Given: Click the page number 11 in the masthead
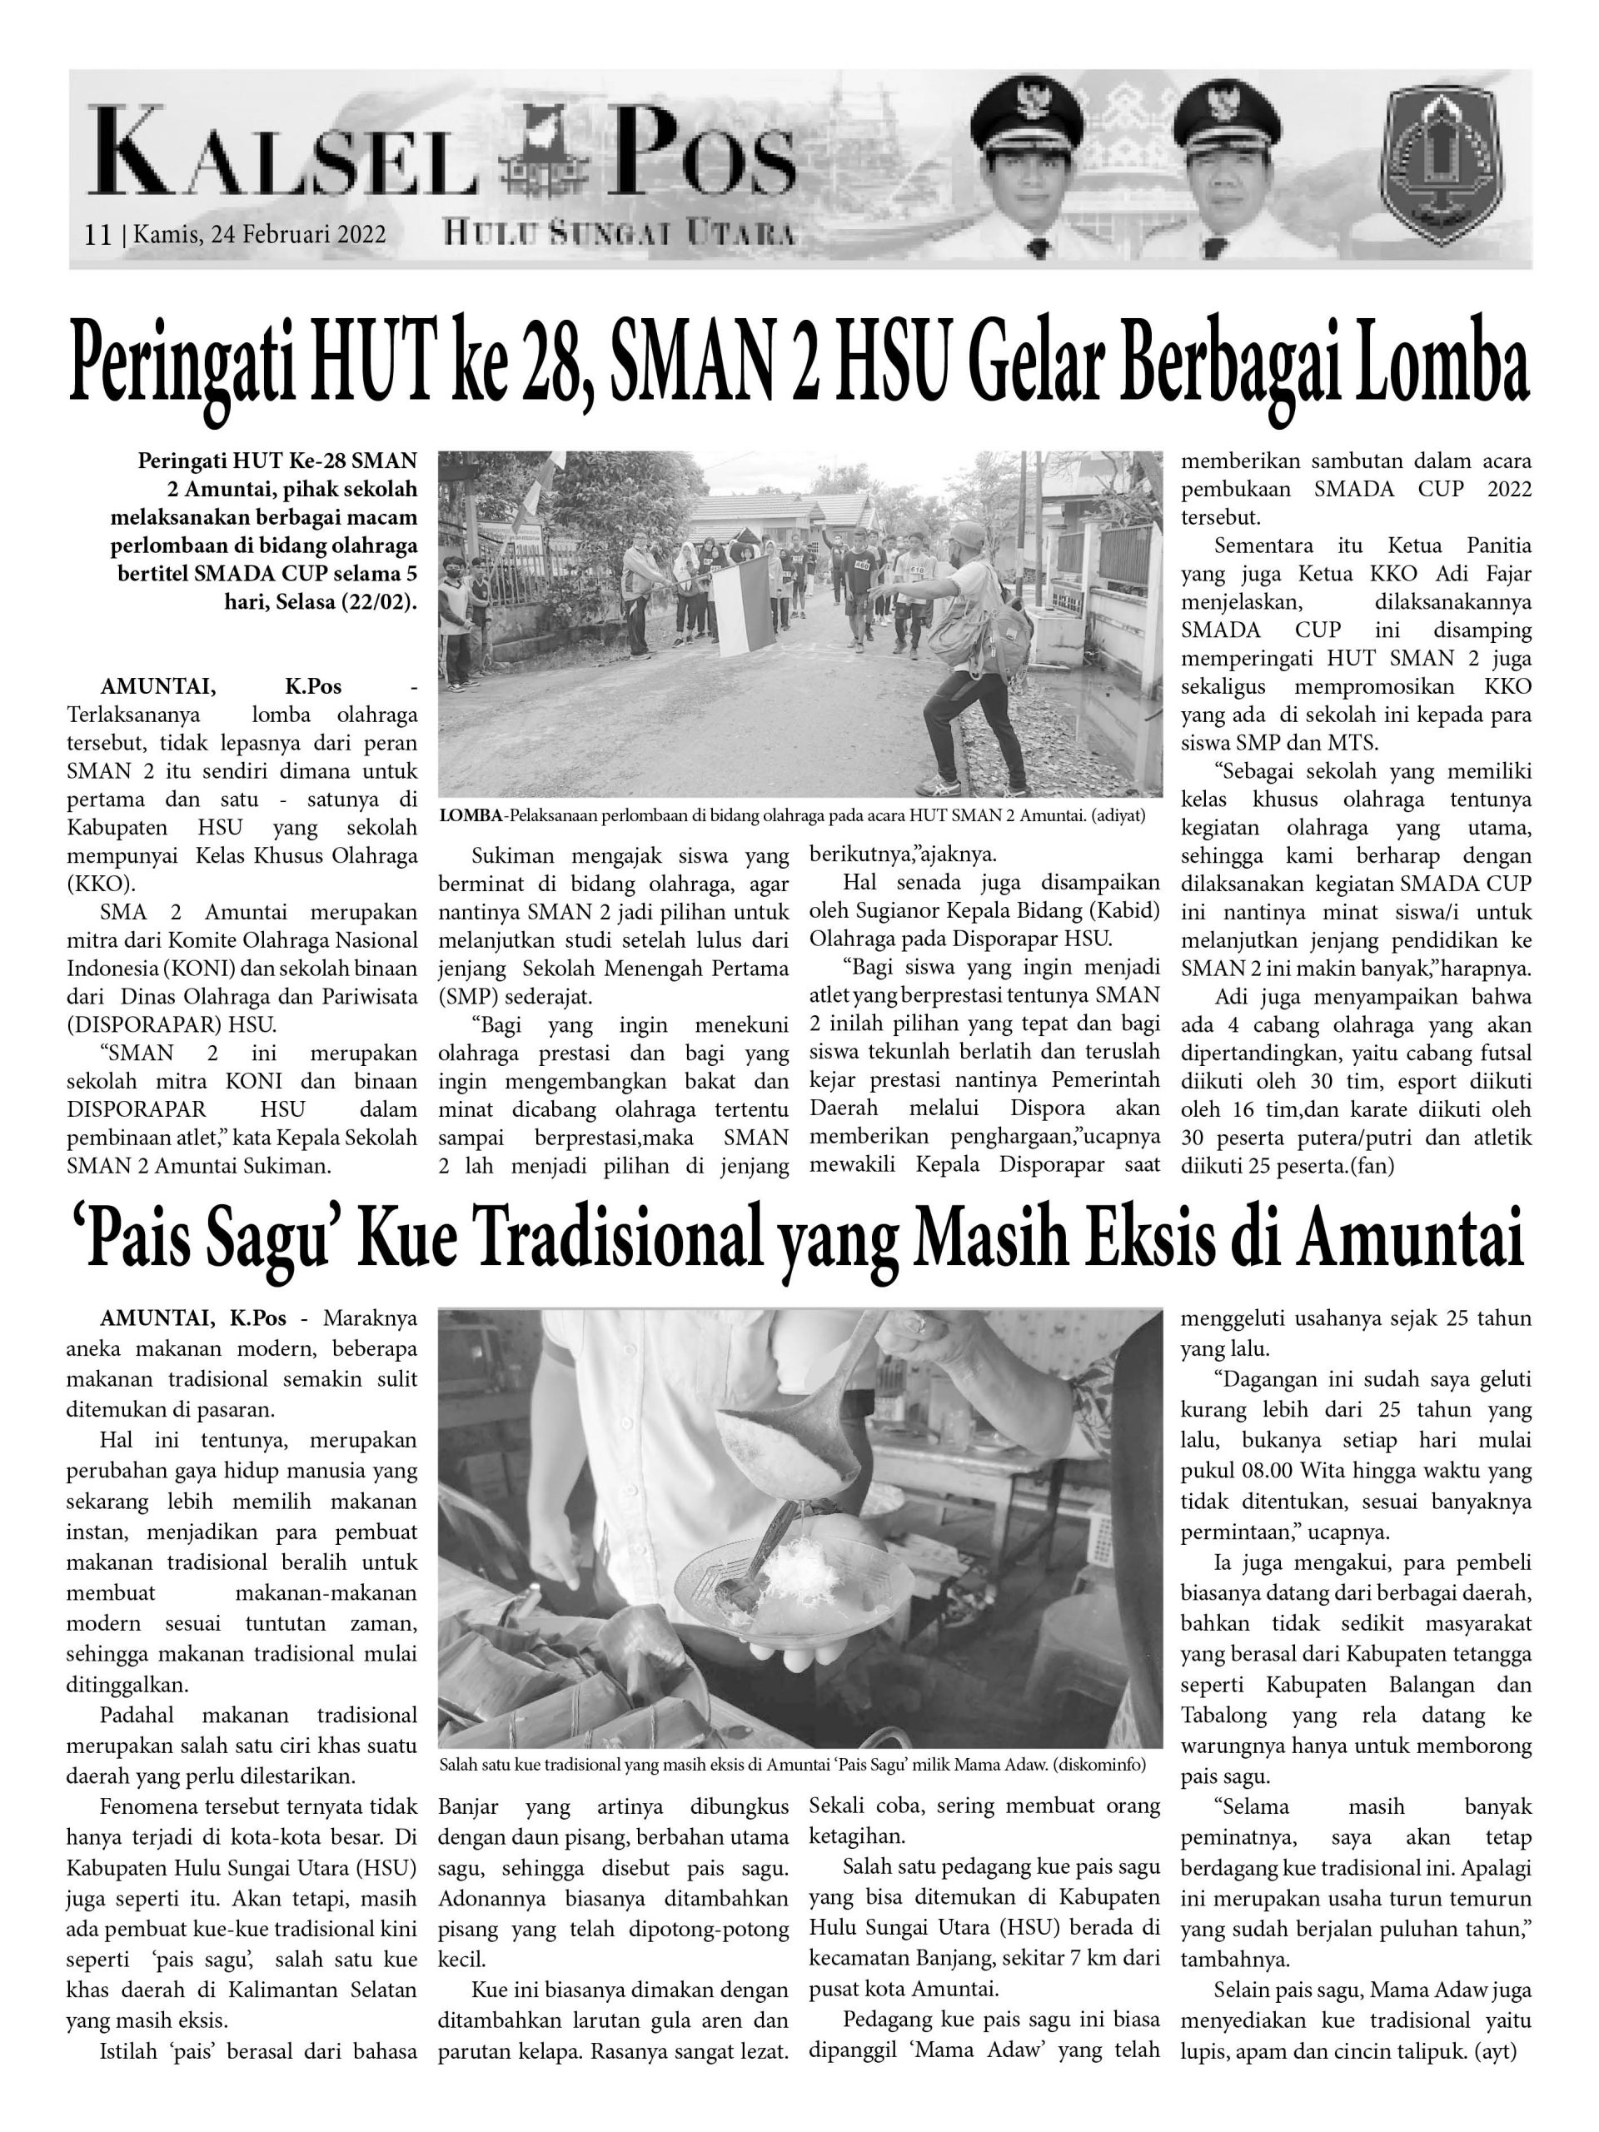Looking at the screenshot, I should point(97,234).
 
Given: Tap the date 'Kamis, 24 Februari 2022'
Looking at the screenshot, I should point(260,234).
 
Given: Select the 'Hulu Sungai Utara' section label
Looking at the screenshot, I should point(620,232).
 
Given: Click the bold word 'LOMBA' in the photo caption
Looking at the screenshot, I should point(471,815).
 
